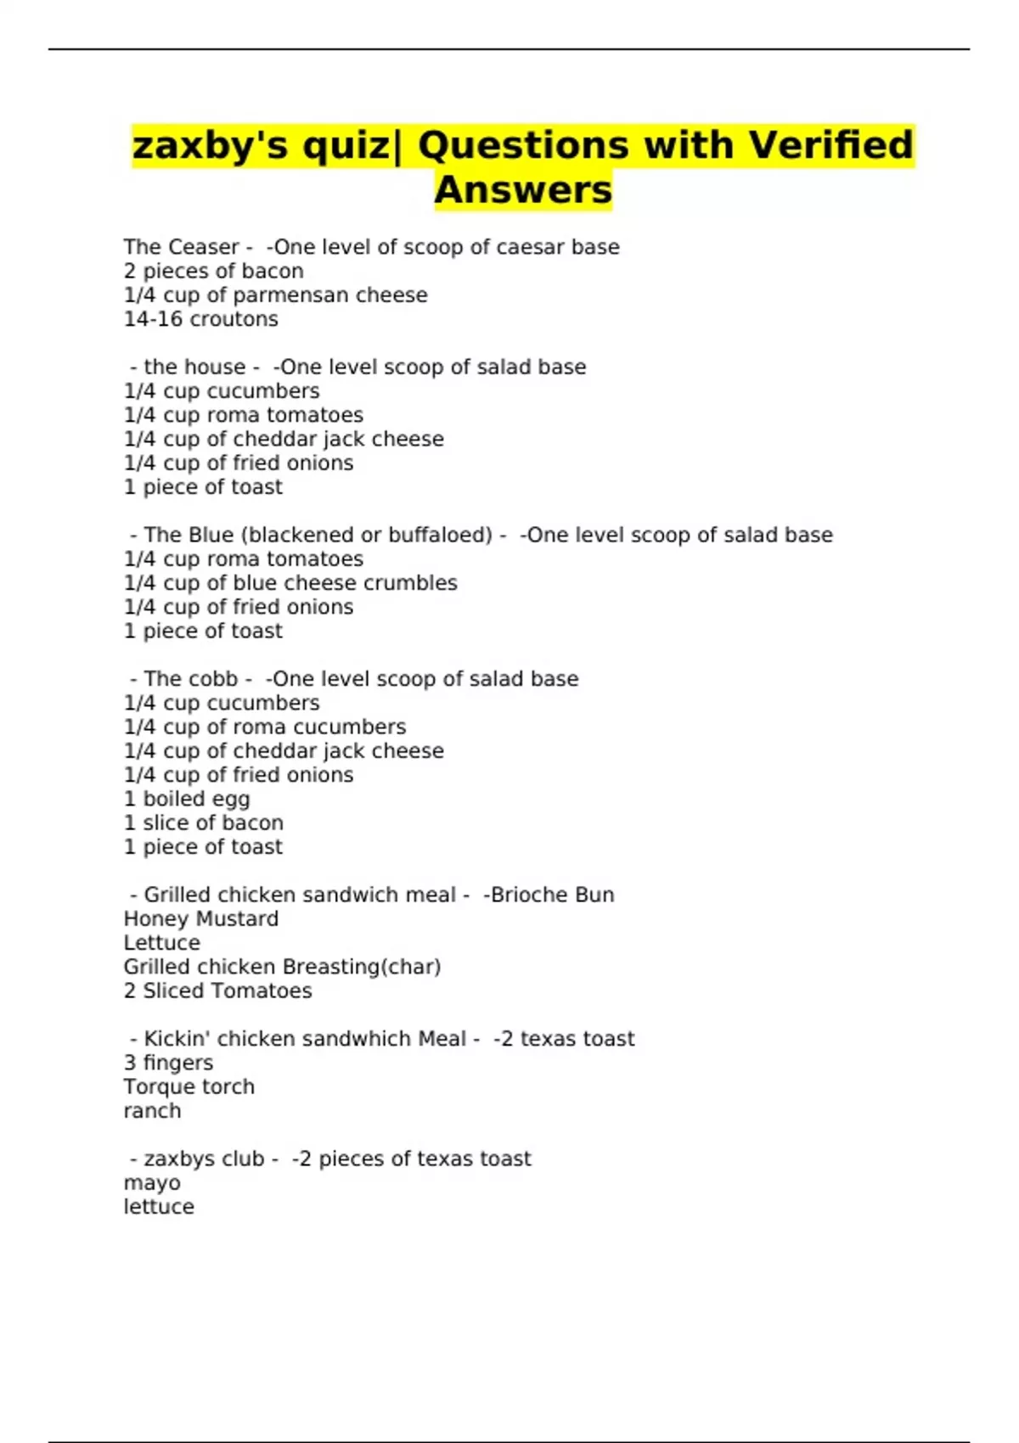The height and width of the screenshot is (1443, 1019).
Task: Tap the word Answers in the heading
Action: coord(523,190)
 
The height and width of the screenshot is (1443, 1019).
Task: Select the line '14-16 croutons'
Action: coord(200,319)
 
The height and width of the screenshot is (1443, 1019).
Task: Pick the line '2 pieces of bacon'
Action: coord(213,272)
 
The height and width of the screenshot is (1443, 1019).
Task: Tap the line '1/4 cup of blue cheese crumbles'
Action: coord(290,583)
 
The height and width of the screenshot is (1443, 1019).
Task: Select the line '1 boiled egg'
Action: coord(187,800)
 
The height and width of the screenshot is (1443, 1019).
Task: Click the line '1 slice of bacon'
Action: coord(203,823)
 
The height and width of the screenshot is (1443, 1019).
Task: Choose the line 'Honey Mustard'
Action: coord(200,919)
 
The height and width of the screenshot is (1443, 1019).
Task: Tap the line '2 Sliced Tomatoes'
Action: coord(217,991)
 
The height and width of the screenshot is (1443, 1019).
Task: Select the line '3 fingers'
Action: coord(168,1063)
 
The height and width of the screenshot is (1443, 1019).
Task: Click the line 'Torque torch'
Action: coord(189,1086)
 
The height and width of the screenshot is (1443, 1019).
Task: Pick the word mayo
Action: coord(152,1183)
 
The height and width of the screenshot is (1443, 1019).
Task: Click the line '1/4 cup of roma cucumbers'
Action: coord(265,727)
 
